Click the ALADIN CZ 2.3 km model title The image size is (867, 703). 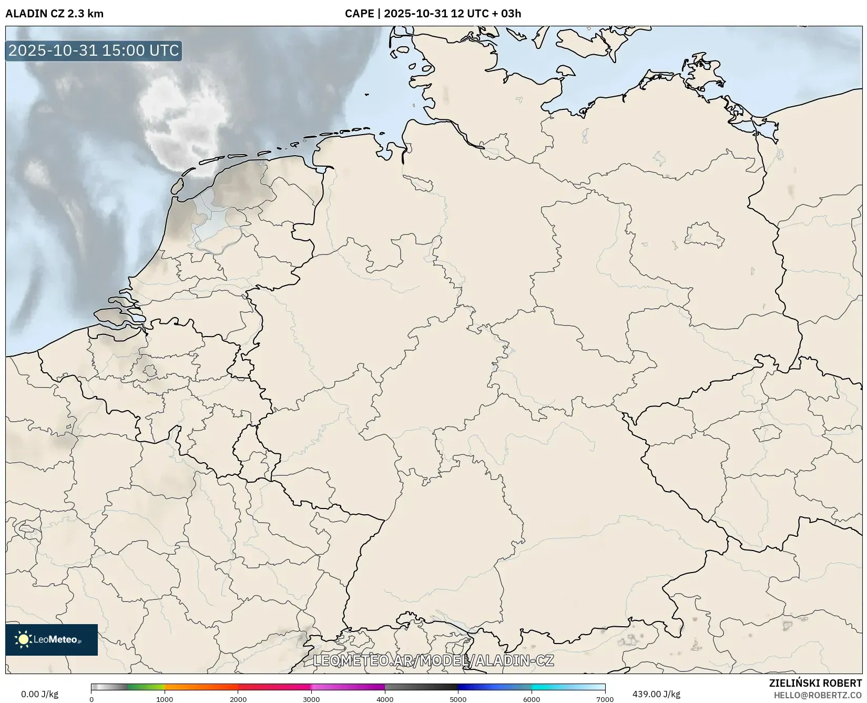click(x=54, y=14)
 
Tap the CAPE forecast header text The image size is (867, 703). click(x=433, y=14)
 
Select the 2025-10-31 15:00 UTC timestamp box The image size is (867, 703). click(x=94, y=50)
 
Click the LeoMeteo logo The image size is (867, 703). click(x=52, y=639)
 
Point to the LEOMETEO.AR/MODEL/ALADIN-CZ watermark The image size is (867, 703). click(x=433, y=660)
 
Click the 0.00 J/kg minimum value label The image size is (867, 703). click(x=40, y=694)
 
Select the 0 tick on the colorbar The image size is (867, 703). click(x=91, y=699)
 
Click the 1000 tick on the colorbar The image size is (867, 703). click(x=165, y=699)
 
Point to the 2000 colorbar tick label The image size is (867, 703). click(x=238, y=699)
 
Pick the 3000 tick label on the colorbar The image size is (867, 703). click(x=311, y=699)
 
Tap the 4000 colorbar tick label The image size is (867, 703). click(x=385, y=699)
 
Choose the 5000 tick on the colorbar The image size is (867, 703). click(x=458, y=699)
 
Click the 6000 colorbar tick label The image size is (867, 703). click(x=532, y=699)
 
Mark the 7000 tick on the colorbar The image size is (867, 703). click(x=605, y=699)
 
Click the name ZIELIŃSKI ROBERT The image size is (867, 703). click(x=815, y=684)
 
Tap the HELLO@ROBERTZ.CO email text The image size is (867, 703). click(x=818, y=695)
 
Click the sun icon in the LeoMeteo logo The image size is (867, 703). click(x=23, y=639)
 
